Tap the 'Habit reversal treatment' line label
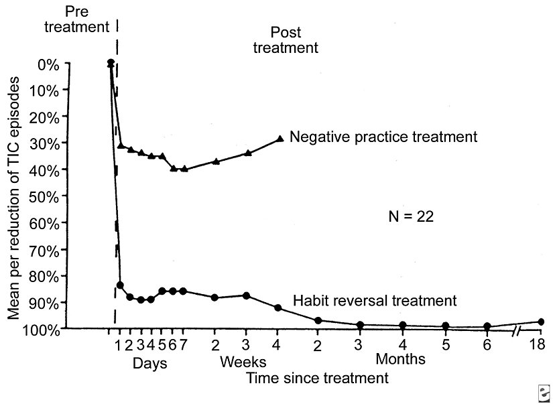[x=374, y=299]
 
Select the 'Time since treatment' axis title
[x=317, y=378]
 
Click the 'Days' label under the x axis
[x=149, y=363]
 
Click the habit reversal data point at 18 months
[x=540, y=322]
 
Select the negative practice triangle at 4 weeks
[x=280, y=139]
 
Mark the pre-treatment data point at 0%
[x=111, y=63]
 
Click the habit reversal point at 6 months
[x=487, y=326]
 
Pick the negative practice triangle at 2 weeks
[x=216, y=161]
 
